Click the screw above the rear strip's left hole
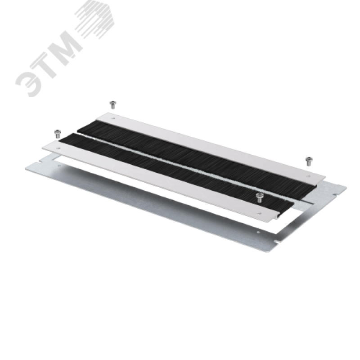[x=113, y=104]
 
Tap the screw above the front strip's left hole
[x=57, y=134]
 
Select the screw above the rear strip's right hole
[x=309, y=161]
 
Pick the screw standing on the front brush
[x=259, y=198]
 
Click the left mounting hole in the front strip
[x=59, y=148]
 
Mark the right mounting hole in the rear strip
[x=308, y=176]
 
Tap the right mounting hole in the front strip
[x=260, y=213]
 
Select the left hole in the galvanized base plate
[x=59, y=165]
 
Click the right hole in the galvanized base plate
[x=258, y=232]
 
